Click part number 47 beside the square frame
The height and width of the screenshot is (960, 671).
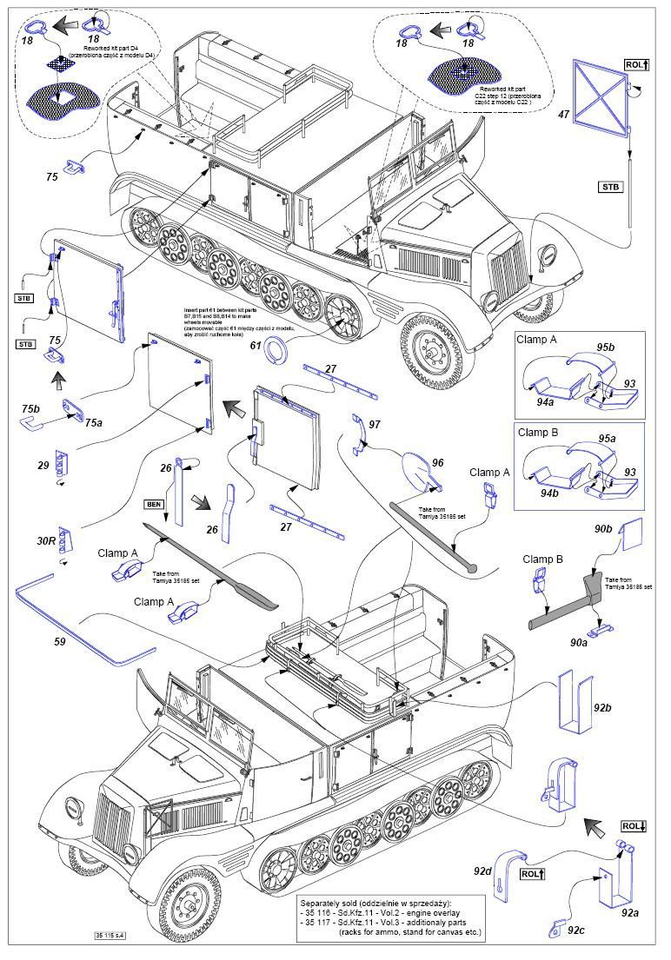564,114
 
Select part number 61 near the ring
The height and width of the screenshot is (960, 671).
256,346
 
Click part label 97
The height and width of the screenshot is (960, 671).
375,424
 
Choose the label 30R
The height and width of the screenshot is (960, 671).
46,540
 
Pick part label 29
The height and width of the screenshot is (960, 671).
43,466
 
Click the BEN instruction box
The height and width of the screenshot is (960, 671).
155,504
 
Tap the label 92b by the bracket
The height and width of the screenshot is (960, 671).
603,708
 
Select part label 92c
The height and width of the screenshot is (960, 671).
575,930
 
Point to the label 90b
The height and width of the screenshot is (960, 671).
603,528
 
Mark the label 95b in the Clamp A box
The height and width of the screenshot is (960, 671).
606,348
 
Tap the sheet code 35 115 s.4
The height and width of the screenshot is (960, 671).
110,936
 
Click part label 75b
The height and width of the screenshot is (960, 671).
30,408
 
